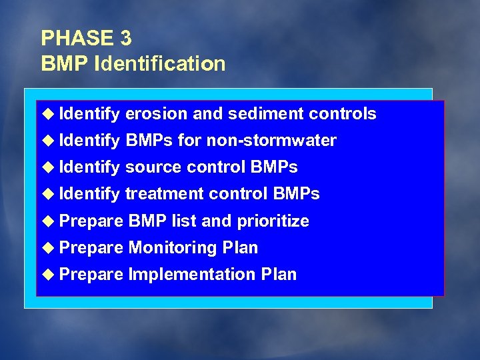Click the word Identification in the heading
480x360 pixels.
point(161,64)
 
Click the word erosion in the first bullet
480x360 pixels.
point(156,114)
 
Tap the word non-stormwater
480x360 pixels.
point(271,141)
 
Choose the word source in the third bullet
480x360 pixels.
point(153,167)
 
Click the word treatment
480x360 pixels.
point(165,194)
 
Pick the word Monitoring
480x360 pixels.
point(173,248)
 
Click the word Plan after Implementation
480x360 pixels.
point(279,275)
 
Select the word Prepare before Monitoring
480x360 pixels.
point(91,248)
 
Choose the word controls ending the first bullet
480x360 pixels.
point(343,114)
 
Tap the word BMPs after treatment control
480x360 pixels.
point(296,194)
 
